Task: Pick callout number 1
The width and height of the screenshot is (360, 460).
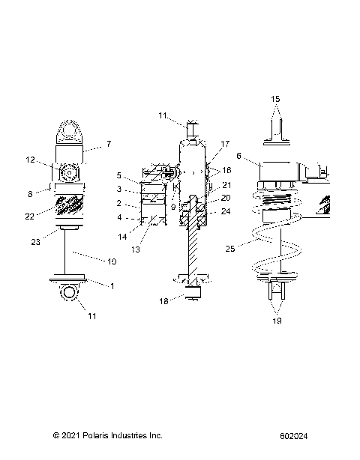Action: pos(112,285)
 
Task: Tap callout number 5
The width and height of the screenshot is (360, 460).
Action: pos(118,175)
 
